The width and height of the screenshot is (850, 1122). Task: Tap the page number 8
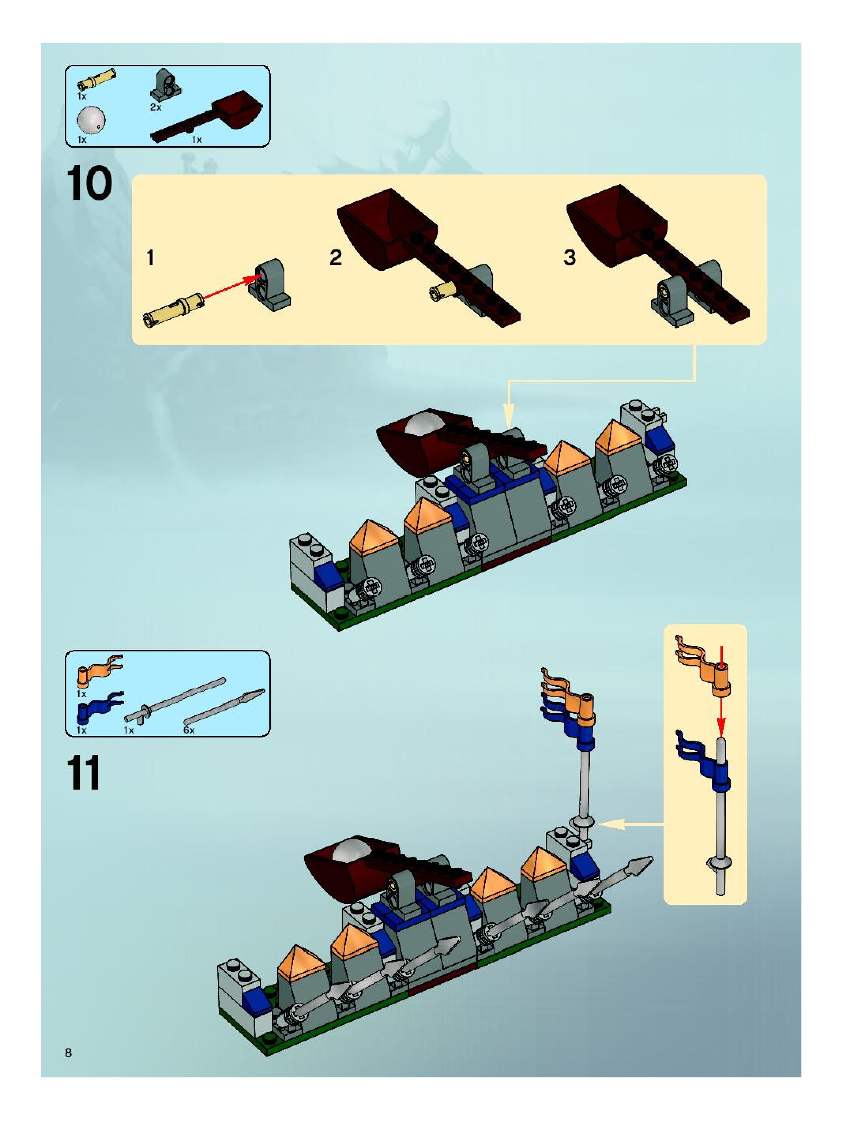click(x=68, y=1053)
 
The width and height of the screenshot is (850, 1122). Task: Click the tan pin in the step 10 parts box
click(x=96, y=79)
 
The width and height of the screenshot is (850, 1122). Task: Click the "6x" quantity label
click(x=189, y=730)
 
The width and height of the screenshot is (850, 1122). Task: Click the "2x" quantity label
click(x=156, y=107)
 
